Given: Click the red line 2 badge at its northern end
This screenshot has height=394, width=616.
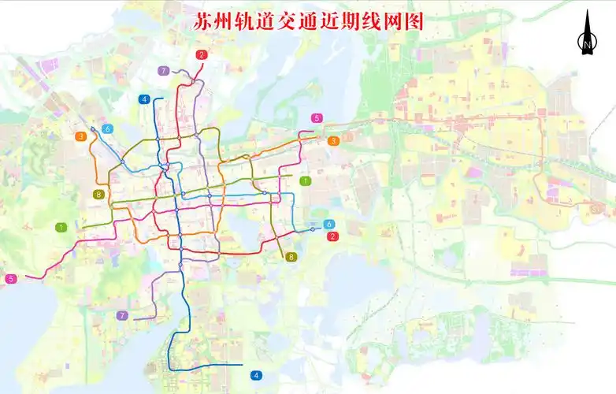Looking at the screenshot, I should tap(202, 54).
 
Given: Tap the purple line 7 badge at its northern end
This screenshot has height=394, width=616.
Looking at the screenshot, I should tap(163, 71).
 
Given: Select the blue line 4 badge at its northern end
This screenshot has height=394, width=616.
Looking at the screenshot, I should tap(143, 99).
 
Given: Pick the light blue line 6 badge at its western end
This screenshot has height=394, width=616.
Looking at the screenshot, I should tap(106, 129).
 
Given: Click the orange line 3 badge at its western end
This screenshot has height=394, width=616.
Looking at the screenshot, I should tap(81, 136).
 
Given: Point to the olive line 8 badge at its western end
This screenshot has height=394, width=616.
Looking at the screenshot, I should tap(98, 195).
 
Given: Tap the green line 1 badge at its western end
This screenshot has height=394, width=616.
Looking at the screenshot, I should tap(61, 227).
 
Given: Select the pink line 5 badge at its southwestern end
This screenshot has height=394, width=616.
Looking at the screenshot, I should tap(11, 278).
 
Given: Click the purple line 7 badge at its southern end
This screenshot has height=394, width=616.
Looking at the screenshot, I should tap(122, 316).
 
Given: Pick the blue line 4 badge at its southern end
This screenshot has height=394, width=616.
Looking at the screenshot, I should tap(256, 375).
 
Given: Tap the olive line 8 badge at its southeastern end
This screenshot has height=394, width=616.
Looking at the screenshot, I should tap(291, 257).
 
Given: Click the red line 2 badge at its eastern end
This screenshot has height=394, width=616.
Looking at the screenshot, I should tap(332, 236).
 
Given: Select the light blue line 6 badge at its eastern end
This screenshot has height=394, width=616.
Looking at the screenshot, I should tap(328, 225).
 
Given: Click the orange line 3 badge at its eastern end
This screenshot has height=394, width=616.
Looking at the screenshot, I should tap(333, 141).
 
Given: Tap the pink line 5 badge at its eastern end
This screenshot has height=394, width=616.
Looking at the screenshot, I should tap(317, 118).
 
